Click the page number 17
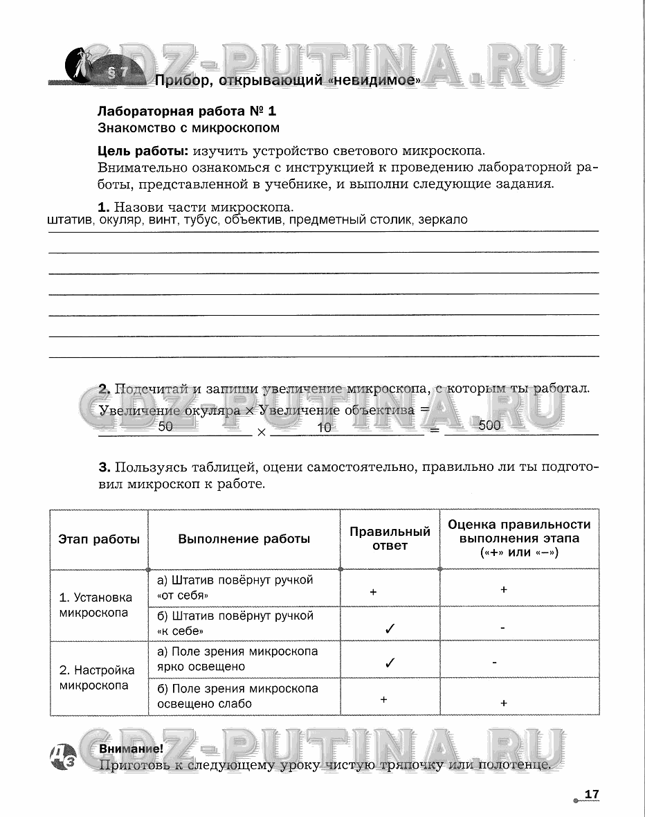click(x=591, y=794)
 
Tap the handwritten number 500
click(x=489, y=426)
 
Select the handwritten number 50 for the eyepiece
click(x=165, y=427)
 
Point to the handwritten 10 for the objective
click(x=324, y=428)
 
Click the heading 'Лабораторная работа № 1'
click(x=187, y=111)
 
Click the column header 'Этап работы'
click(x=99, y=539)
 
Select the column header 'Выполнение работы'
click(x=244, y=539)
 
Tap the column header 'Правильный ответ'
click(x=390, y=539)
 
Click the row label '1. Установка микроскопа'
click(x=96, y=605)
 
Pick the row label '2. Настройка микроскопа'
click(x=97, y=678)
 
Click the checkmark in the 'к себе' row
click(x=390, y=629)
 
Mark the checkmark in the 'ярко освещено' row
click(x=390, y=663)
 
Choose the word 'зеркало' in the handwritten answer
click(x=443, y=219)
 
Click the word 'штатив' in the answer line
click(x=70, y=220)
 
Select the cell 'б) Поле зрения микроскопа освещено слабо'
click(x=244, y=696)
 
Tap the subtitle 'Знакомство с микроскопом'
click(x=189, y=127)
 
